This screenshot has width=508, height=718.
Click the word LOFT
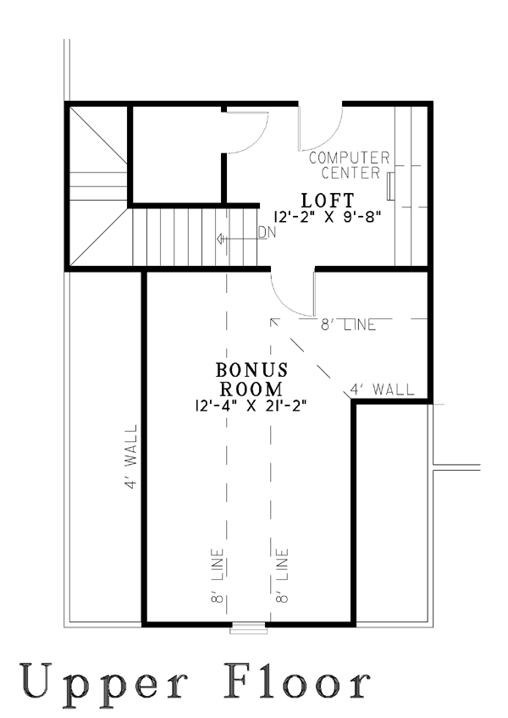[328, 201]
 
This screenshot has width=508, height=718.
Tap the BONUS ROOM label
[251, 379]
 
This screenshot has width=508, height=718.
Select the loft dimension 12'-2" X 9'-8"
[328, 217]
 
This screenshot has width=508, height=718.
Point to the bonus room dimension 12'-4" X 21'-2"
[251, 406]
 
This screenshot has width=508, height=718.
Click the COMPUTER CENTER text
[349, 165]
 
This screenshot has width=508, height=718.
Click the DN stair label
[267, 233]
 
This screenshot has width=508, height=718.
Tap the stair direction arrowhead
[220, 239]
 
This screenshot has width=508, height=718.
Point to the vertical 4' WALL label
[131, 456]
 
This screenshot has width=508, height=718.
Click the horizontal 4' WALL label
[382, 389]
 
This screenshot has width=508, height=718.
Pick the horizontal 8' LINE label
[348, 324]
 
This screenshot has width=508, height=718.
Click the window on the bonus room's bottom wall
[248, 627]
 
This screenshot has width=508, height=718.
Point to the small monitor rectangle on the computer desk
[390, 186]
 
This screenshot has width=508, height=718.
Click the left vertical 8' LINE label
[218, 576]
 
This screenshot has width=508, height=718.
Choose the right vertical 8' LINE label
[282, 576]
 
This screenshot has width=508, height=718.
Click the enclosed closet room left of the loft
[177, 154]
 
